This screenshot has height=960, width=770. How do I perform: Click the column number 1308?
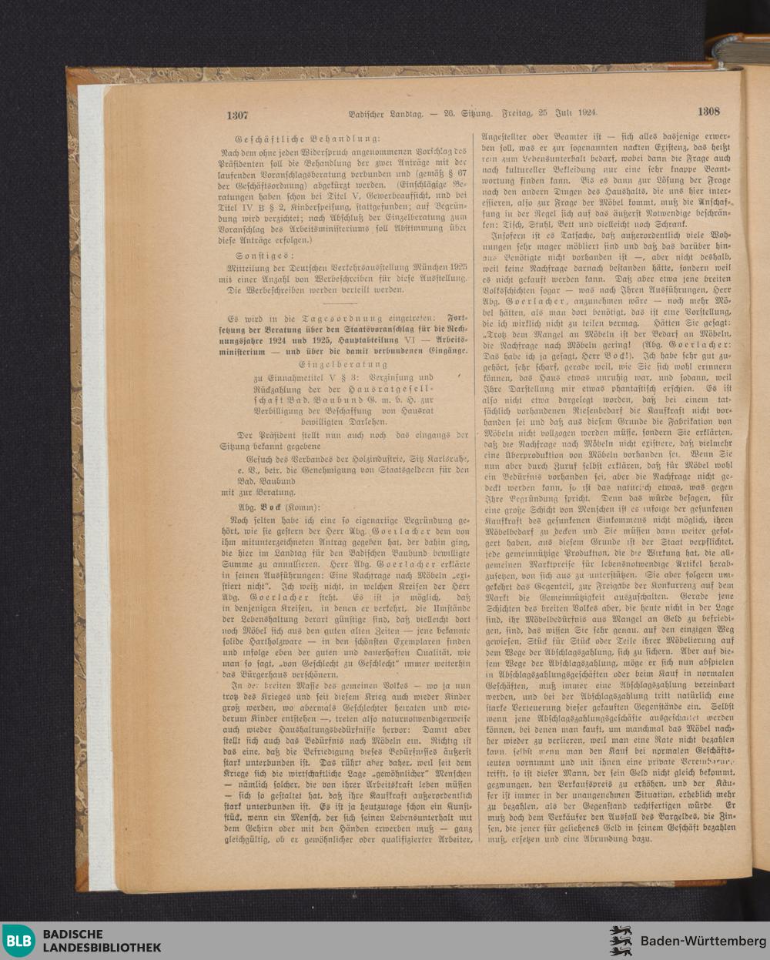coord(708,111)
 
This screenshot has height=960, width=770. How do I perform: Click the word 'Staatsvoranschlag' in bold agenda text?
coord(378,329)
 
